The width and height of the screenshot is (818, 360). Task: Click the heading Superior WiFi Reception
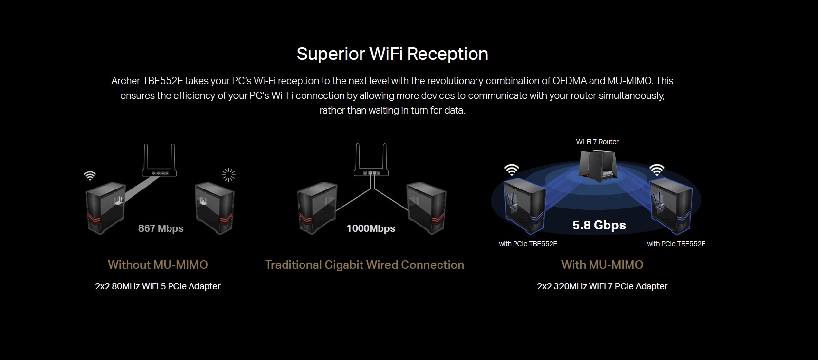coord(392,54)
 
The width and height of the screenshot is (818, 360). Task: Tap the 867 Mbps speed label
coord(161,228)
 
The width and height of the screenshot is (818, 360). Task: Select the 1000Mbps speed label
coord(371,228)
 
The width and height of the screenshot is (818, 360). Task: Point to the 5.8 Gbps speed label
coord(599,225)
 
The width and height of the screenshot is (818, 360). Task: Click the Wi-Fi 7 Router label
coord(597,142)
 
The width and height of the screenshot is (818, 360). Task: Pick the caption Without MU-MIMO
coord(158,265)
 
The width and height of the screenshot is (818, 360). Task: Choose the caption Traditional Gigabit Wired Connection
coord(364,265)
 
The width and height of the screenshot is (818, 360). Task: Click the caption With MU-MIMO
coord(602,265)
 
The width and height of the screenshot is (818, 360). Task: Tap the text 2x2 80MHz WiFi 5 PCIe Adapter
coord(158,286)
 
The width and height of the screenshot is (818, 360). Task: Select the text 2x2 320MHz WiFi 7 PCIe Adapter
coord(602,286)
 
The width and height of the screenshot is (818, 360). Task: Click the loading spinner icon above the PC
coord(228,175)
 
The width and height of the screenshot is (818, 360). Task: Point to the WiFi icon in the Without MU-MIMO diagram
coord(90,176)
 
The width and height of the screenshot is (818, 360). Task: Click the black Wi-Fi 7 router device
coord(598,166)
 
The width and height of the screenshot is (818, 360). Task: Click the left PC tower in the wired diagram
coord(317,208)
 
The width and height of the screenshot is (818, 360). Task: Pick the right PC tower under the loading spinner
coord(215,208)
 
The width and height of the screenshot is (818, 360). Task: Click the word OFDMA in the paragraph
coord(570,81)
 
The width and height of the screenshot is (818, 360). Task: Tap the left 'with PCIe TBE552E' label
coord(528,244)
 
